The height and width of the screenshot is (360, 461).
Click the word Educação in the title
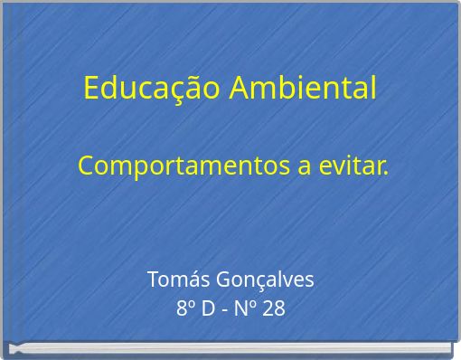point(152,88)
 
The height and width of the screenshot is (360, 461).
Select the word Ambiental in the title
point(303,88)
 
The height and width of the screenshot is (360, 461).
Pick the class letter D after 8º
point(208,308)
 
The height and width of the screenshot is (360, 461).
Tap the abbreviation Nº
point(247,308)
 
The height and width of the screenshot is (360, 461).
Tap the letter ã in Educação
point(193,88)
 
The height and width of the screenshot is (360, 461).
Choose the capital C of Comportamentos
point(87,167)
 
